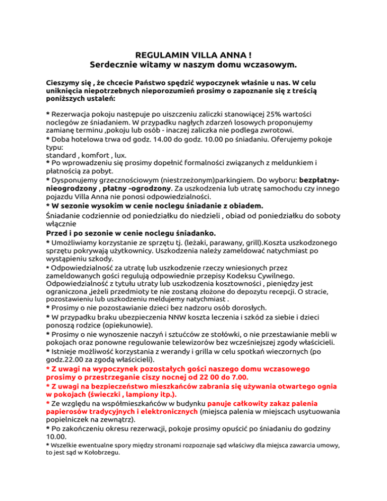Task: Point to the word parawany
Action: [x=195, y=242]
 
